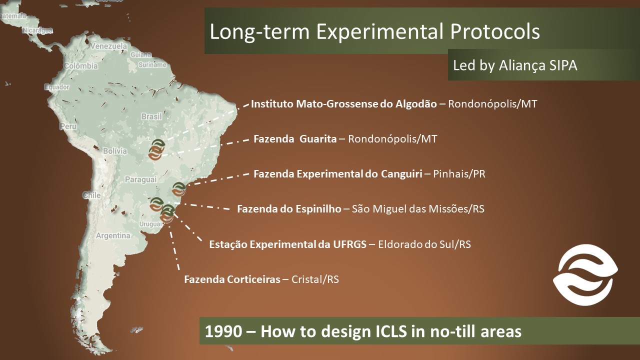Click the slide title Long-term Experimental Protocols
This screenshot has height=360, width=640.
point(374,32)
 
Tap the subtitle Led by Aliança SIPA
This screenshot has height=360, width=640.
point(515,65)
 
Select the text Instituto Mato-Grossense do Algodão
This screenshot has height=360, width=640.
point(343,104)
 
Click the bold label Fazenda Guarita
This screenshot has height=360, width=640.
point(295,139)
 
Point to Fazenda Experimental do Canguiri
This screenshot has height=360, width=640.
point(338,174)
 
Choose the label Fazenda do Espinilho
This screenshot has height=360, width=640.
point(289,209)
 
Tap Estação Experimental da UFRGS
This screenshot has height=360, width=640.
point(287,244)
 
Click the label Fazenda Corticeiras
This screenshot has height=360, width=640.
point(232,279)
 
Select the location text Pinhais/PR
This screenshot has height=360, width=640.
point(459,174)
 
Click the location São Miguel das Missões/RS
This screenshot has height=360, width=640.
point(418,209)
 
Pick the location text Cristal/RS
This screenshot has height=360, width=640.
point(315,279)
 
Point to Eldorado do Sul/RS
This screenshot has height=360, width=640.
point(424,244)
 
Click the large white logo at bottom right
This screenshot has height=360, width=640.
point(585,275)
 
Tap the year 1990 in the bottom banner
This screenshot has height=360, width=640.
point(223,331)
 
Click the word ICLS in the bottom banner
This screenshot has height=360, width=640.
point(391,331)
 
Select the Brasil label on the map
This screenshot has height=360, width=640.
point(151,116)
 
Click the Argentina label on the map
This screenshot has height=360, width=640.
point(113,235)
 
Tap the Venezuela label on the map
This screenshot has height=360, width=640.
point(108,46)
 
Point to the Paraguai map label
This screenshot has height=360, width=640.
point(141,179)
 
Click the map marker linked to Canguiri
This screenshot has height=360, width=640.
point(179,189)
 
